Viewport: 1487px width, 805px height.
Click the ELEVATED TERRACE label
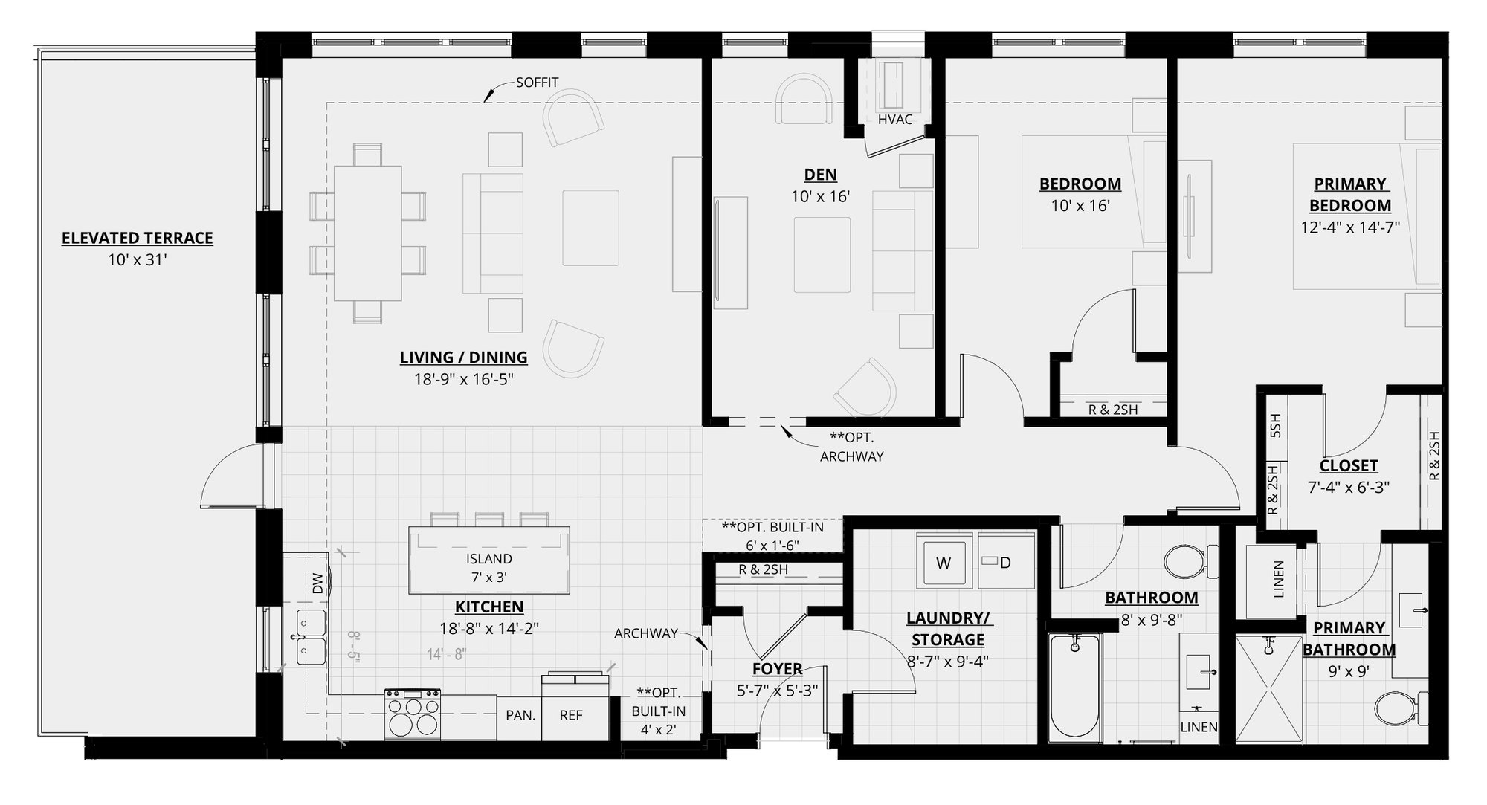(137, 238)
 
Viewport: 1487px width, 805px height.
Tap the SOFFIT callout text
(537, 83)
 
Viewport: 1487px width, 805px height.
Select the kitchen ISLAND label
(488, 559)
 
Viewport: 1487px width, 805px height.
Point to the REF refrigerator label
(571, 715)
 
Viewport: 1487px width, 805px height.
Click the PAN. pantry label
(520, 715)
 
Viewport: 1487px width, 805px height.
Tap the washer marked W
(944, 563)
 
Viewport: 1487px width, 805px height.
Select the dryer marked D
(1004, 563)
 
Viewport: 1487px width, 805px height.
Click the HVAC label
(894, 120)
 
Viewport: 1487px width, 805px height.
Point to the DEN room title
(820, 175)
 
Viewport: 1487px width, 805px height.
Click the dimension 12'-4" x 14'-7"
(1349, 227)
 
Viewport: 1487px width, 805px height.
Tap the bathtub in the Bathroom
(1074, 687)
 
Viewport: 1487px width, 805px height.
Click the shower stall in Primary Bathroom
(1268, 688)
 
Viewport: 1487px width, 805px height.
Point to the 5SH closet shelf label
(1274, 425)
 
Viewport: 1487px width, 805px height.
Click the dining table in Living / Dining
(367, 233)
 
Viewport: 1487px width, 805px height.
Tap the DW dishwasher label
(317, 583)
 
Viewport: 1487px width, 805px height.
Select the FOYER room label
(777, 668)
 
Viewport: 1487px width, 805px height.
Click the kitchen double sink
(311, 637)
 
